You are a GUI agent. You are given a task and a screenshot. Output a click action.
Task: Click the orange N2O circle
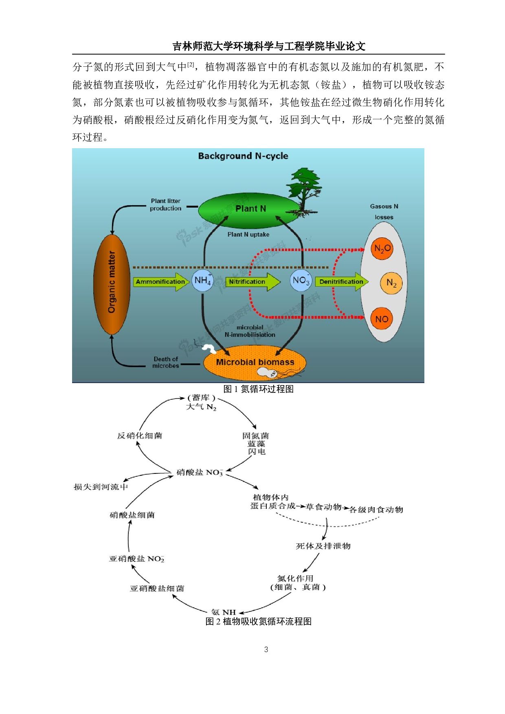(382, 248)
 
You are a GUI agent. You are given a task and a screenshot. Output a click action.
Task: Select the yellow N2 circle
(391, 283)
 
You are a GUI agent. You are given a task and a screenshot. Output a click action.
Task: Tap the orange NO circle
(382, 319)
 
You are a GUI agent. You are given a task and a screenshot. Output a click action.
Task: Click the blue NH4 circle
(202, 280)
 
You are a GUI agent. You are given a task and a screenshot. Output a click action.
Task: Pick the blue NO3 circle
(301, 280)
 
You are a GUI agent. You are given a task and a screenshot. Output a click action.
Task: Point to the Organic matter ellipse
(112, 284)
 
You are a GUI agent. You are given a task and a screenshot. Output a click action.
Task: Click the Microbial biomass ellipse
(255, 362)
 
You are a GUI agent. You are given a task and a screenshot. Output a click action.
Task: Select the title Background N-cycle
(243, 156)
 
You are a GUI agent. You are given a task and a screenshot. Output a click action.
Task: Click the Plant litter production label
(165, 205)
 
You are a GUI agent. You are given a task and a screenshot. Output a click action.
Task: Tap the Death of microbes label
(166, 362)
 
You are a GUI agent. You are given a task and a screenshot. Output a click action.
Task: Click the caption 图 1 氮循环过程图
(259, 389)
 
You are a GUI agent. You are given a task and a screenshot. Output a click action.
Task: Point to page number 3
(266, 650)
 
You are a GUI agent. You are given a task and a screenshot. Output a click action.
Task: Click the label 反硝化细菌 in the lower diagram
(140, 436)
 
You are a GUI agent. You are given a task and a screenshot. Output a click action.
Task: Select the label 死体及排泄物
(323, 546)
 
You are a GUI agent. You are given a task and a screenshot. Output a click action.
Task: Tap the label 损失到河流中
(101, 487)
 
